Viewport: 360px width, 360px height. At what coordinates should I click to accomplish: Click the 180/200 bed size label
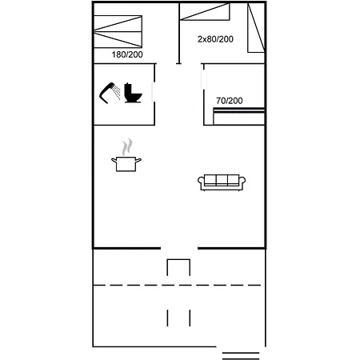pyautogui.click(x=127, y=54)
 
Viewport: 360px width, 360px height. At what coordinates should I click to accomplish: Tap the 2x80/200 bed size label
pyautogui.click(x=215, y=39)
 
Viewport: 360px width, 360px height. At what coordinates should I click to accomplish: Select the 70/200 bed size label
pyautogui.click(x=230, y=101)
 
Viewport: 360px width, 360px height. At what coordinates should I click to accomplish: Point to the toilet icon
pyautogui.click(x=133, y=93)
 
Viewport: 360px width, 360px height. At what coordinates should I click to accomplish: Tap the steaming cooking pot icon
pyautogui.click(x=126, y=163)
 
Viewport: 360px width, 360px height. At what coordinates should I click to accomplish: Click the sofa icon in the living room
pyautogui.click(x=222, y=182)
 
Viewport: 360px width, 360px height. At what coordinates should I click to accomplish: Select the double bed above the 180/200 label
pyautogui.click(x=118, y=32)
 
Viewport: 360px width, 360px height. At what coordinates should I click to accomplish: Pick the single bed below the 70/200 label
pyautogui.click(x=239, y=116)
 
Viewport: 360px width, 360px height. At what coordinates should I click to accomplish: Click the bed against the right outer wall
pyautogui.click(x=256, y=28)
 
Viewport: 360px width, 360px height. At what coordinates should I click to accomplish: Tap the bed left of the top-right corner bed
pyautogui.click(x=205, y=12)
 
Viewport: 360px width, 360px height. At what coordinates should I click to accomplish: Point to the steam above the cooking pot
pyautogui.click(x=127, y=147)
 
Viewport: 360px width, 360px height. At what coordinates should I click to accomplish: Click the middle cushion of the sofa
pyautogui.click(x=222, y=180)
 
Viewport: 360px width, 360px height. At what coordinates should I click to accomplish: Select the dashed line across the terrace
pyautogui.click(x=177, y=286)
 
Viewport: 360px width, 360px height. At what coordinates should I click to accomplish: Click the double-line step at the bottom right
pyautogui.click(x=241, y=356)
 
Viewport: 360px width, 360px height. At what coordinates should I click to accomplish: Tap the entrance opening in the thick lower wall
pyautogui.click(x=179, y=248)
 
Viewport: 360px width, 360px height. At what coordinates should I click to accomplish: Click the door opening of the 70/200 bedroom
pyautogui.click(x=204, y=80)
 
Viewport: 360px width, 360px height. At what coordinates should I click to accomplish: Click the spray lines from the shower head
pyautogui.click(x=116, y=92)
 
